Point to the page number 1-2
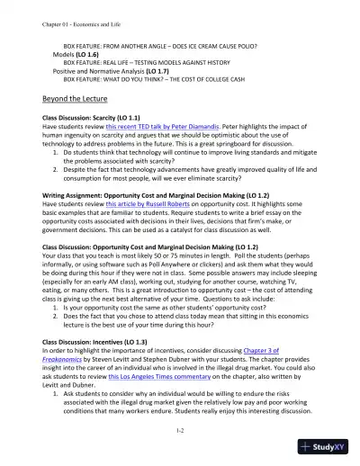click(180, 432)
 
